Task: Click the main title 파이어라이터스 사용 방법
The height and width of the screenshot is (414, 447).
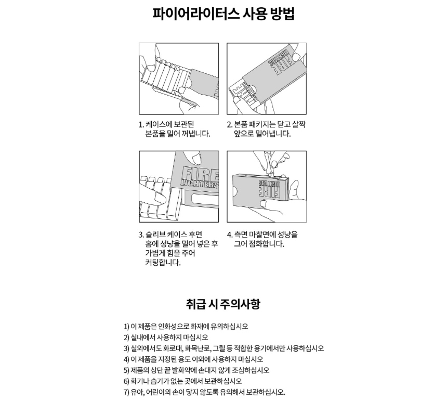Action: [223, 14]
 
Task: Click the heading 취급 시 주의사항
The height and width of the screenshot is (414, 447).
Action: [223, 304]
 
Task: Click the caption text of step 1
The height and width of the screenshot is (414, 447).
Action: [175, 129]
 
